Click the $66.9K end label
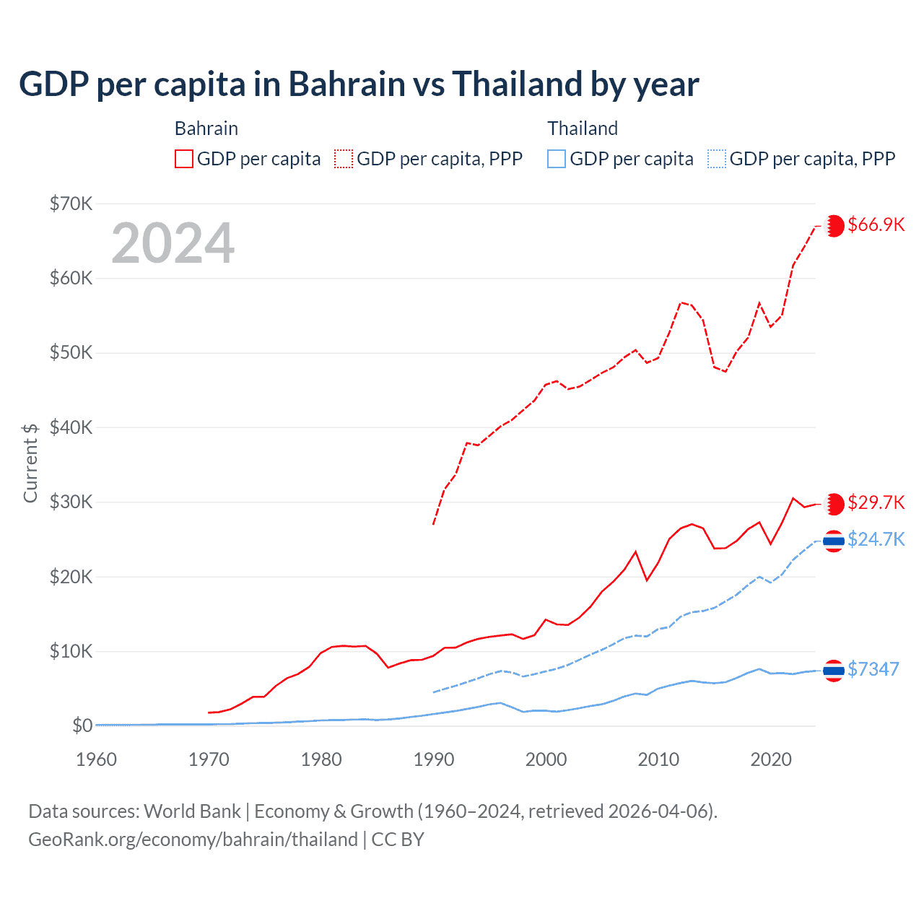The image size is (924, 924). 876,225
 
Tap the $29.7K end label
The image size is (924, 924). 876,502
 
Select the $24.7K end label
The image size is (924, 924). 876,539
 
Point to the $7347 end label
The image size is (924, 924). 873,669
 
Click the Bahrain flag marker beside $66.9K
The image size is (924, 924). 834,225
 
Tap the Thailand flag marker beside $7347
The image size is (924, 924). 834,671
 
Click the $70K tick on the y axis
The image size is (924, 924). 71,204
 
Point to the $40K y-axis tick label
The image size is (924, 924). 71,427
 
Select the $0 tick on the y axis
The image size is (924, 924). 82,725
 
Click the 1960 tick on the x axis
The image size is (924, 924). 96,759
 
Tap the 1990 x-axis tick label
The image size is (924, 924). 434,759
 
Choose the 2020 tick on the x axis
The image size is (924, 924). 771,759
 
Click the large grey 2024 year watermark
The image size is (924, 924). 173,243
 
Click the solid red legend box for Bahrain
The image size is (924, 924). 184,159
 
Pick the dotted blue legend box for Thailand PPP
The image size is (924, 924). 717,159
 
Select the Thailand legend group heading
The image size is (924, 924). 583,128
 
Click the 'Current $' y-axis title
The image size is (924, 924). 30,463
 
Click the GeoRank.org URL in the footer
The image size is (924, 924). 193,840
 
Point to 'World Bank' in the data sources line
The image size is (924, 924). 192,811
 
